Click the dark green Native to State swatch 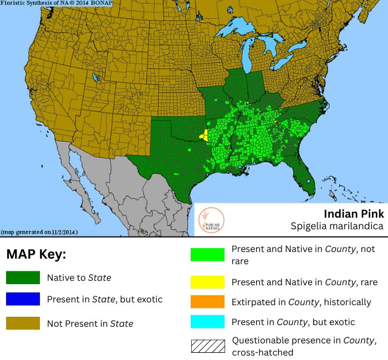click(23, 277)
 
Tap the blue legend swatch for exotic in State click(23, 299)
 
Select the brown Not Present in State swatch click(23, 323)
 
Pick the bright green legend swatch click(207, 254)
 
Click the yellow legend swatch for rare click(207, 282)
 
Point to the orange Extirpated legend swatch click(207, 302)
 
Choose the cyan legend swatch click(207, 322)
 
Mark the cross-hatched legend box click(207, 346)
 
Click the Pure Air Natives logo click(211, 219)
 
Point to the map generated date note click(39, 232)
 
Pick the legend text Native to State click(79, 277)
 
